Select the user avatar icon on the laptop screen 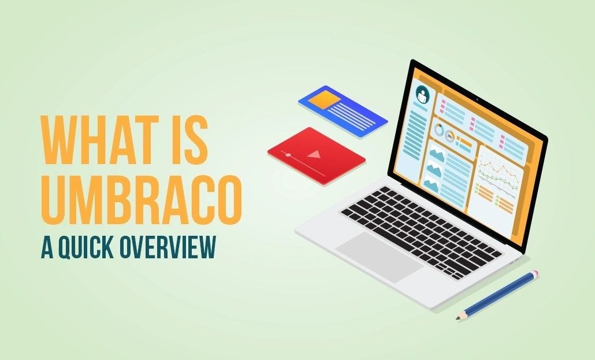point(422,95)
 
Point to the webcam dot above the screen point(477,101)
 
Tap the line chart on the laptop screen point(498,170)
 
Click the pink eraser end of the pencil point(535,273)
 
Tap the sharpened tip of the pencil point(458,318)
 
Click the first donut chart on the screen point(437,131)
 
